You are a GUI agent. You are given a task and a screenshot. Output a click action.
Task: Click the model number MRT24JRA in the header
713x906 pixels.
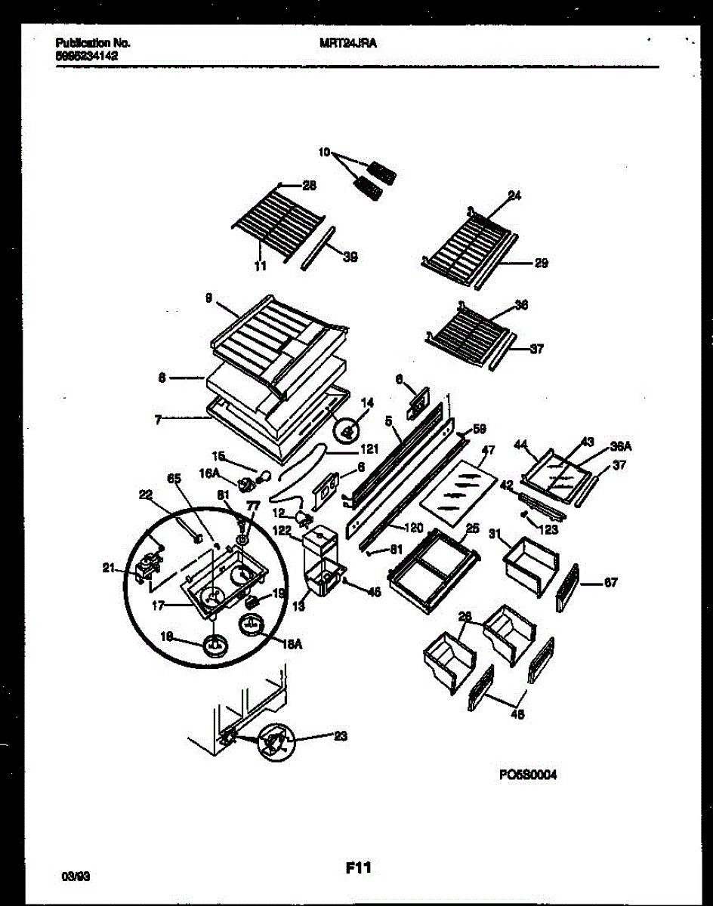[x=349, y=44]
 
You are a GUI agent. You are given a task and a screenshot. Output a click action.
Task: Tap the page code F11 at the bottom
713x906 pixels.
[x=358, y=868]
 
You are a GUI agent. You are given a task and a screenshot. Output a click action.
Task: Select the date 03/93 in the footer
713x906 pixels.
[x=76, y=877]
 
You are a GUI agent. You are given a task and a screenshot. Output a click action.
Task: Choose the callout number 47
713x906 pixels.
[x=488, y=451]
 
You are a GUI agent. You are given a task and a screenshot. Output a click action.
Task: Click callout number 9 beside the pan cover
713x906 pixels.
[x=208, y=298]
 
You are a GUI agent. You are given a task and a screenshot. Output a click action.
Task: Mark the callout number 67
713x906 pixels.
[x=611, y=582]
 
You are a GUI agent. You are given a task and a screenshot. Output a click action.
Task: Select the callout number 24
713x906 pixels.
[x=514, y=196]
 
